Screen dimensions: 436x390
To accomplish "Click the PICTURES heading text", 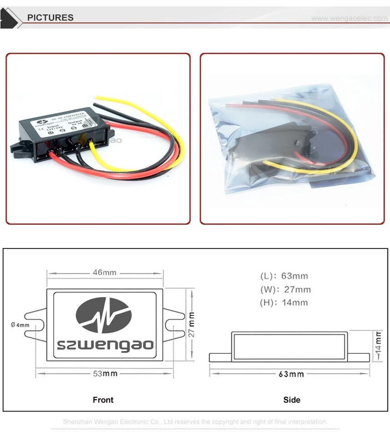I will tap(50, 18).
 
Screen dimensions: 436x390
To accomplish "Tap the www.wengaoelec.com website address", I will tap(349, 18).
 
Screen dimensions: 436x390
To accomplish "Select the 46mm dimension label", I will tap(105, 272).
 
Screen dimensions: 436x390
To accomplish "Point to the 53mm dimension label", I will tap(105, 373).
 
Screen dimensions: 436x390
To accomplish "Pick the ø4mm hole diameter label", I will tap(20, 325).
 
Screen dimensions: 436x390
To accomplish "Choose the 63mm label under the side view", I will tap(291, 374).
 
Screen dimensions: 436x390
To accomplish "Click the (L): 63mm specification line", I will tap(284, 276).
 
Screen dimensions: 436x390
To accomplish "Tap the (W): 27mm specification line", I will tap(285, 289).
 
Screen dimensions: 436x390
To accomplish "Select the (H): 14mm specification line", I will tap(284, 302).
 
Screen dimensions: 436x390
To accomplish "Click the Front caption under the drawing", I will tap(103, 400).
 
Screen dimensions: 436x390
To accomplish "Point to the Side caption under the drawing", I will tap(292, 400).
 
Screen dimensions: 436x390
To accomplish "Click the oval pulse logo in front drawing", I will tap(104, 315).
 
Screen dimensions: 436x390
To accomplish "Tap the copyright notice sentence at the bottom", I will tap(195, 421).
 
